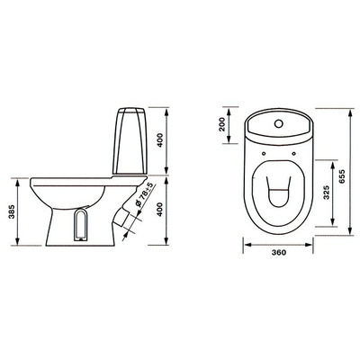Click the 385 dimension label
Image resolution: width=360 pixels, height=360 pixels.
point(12,211)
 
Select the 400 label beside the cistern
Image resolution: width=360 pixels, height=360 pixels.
point(160,139)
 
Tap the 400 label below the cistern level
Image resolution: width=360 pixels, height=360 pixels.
point(160,210)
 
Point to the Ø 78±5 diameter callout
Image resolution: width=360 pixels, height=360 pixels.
point(145,195)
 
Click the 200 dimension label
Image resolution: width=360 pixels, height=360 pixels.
point(222,124)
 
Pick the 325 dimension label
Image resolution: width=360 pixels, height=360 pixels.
point(327,192)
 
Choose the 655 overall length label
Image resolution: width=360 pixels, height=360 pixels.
point(343,176)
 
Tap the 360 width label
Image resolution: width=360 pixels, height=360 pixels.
point(279,252)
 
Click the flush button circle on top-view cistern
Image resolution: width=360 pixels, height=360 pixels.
point(279,123)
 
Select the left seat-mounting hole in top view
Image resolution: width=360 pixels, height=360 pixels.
point(264,154)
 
